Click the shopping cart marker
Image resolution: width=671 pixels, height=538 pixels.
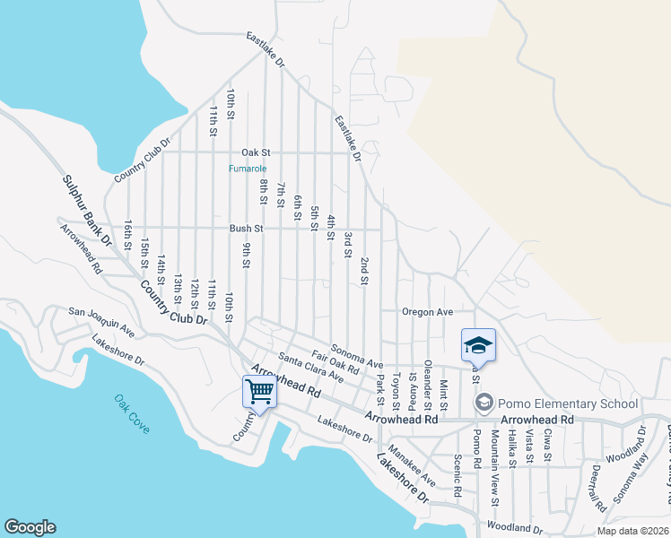coord(259,391)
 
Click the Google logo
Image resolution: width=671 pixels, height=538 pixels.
coord(30,527)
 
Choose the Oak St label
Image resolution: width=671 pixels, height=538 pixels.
coord(255,153)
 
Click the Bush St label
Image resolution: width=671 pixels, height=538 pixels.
coord(246,229)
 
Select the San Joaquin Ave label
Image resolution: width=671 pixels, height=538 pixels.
coord(101,323)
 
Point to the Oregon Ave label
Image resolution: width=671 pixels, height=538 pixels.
coord(427,312)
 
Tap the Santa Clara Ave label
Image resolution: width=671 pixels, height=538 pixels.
coord(310,369)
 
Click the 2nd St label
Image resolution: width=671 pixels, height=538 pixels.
coord(364,271)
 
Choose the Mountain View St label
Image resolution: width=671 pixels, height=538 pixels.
coord(494,466)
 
